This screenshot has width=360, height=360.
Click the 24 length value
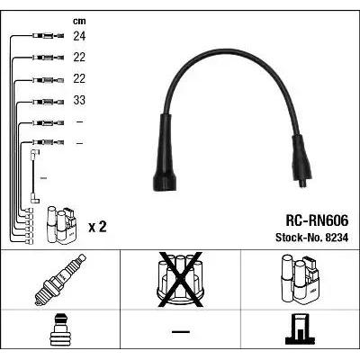pyautogui.click(x=79, y=36)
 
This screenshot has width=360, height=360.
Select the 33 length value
pyautogui.click(x=79, y=100)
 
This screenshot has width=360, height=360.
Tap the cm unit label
pyautogui.click(x=79, y=21)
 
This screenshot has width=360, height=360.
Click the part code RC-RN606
pyautogui.click(x=317, y=220)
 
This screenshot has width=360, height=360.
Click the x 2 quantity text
pyautogui.click(x=97, y=227)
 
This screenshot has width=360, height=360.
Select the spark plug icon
pyautogui.click(x=60, y=280)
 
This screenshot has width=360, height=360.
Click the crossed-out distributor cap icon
pyautogui.click(x=180, y=280)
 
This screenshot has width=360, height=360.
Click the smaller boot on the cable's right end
pyautogui.click(x=301, y=160)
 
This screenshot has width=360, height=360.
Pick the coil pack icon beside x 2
pyautogui.click(x=62, y=225)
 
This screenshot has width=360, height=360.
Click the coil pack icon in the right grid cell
pyautogui.click(x=301, y=278)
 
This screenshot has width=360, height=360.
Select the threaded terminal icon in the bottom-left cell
pyautogui.click(x=60, y=329)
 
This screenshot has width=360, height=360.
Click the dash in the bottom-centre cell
pyautogui.click(x=181, y=331)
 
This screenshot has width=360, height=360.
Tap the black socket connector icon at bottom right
pyautogui.click(x=301, y=328)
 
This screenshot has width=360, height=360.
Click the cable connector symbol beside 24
pyautogui.click(x=48, y=36)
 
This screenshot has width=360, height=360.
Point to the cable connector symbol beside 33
pyautogui.click(x=48, y=102)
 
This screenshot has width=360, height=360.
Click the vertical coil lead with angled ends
pyautogui.click(x=34, y=176)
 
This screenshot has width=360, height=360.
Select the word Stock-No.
pyautogui.click(x=298, y=238)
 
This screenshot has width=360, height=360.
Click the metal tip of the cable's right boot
pyautogui.click(x=303, y=183)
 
